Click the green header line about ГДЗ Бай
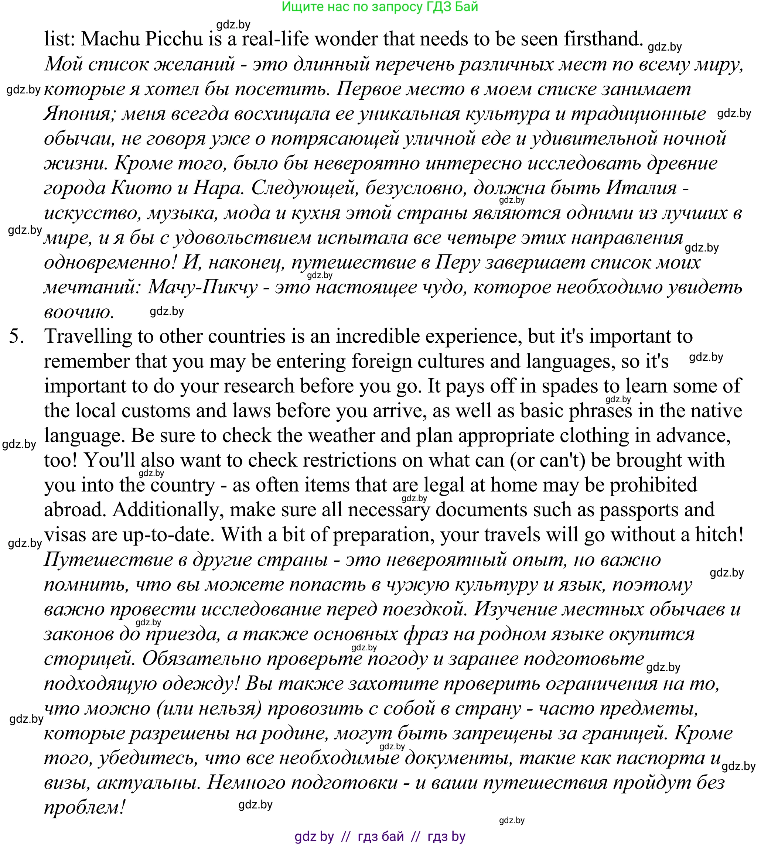click(380, 7)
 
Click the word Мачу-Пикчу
click(203, 288)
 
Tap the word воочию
click(79, 312)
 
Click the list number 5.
click(16, 336)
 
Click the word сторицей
click(89, 659)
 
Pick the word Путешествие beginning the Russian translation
click(108, 560)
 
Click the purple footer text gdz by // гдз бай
click(380, 836)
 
